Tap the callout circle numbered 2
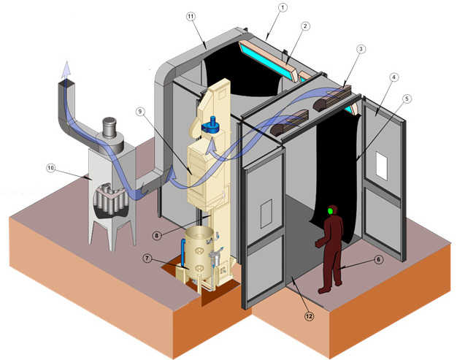coord(306,26)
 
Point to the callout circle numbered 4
coord(393,75)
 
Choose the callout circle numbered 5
coord(407,98)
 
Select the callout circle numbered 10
coord(52,168)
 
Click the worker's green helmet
coord(333,211)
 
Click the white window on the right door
coord(382,166)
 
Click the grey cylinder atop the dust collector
coord(112,128)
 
